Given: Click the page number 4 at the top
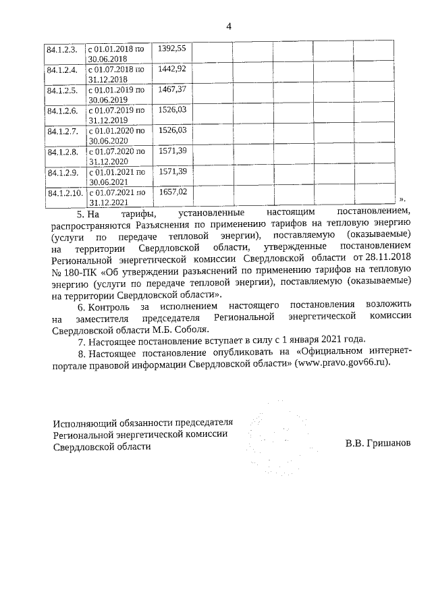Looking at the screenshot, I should coord(229,26).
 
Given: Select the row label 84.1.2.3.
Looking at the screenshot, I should coord(62,49).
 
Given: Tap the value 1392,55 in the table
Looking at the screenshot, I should coord(171,49).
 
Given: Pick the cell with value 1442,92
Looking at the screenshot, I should coord(171,69).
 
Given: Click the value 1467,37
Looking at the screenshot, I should coord(171,89).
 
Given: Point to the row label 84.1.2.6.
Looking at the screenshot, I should coord(62,110).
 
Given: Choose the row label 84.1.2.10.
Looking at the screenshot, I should coord(64,193).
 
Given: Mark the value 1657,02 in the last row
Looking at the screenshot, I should coord(171,192).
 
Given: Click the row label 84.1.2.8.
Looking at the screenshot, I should coord(62,152).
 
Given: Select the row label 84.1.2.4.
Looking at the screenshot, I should coord(62,70).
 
